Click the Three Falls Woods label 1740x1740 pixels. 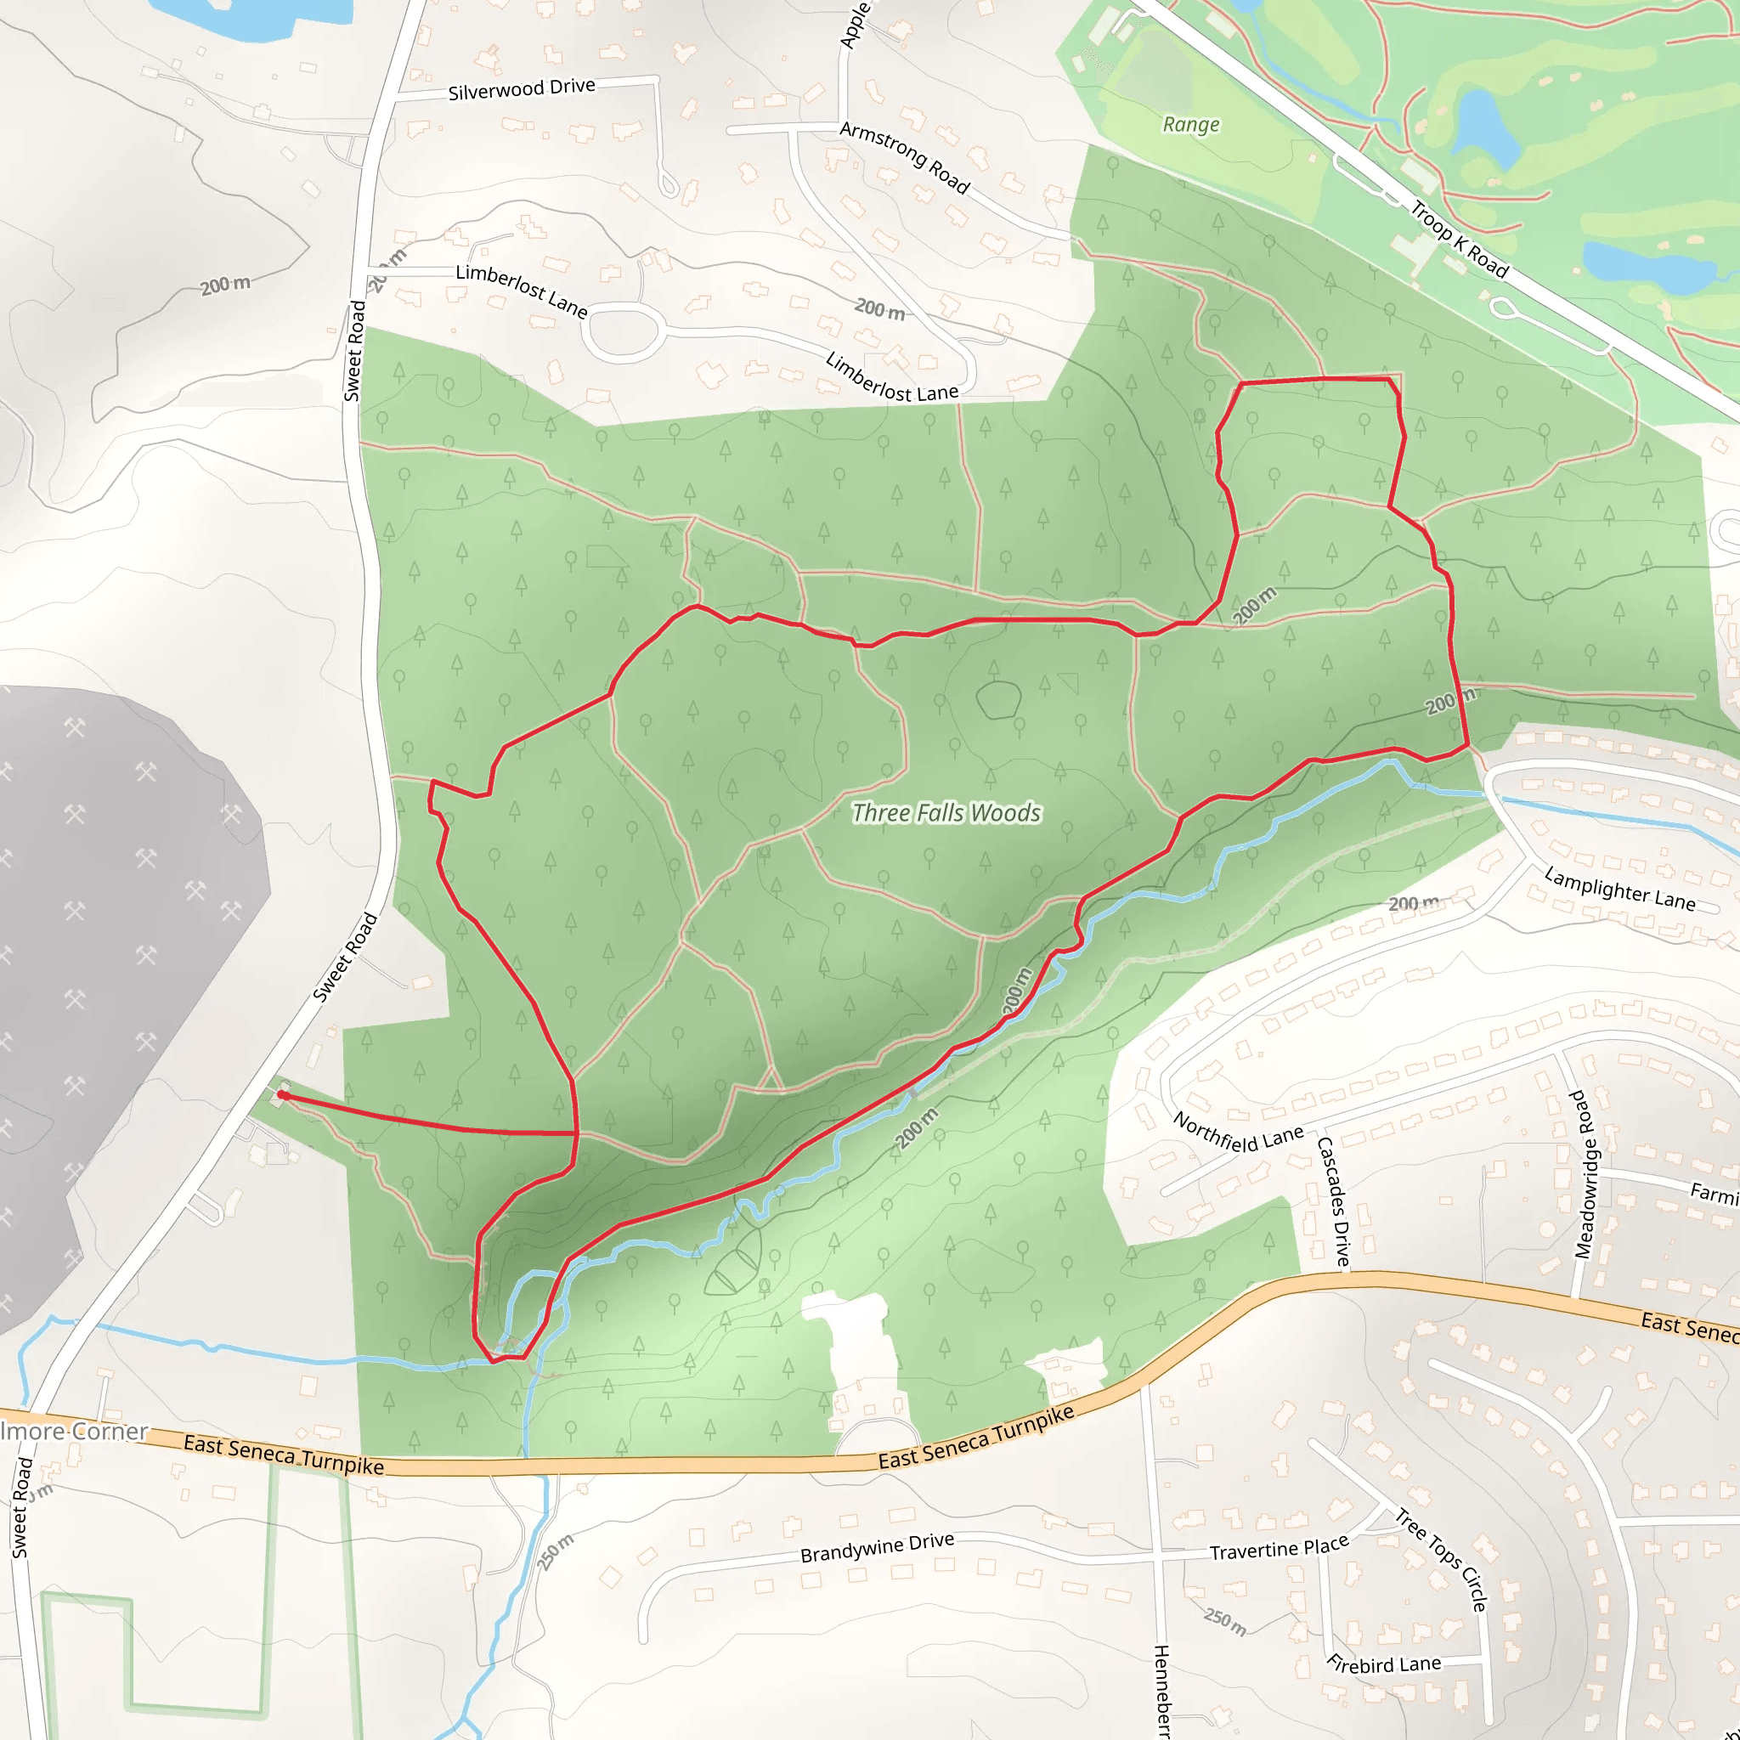[x=946, y=813]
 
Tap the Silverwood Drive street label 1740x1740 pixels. [x=522, y=89]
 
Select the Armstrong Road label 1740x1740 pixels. [x=904, y=159]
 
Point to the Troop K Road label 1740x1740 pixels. [x=1458, y=240]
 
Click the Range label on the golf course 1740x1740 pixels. [x=1190, y=124]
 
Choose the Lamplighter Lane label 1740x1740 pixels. [x=1619, y=889]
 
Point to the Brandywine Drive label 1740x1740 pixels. [x=877, y=1547]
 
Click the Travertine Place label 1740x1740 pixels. [x=1279, y=1549]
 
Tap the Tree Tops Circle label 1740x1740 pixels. [x=1441, y=1560]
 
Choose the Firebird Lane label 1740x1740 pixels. [x=1384, y=1664]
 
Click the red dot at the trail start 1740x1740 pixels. [x=282, y=1095]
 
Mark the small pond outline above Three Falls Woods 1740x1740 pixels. [x=998, y=700]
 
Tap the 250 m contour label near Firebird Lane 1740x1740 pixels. [x=1225, y=1621]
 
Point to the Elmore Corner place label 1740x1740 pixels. [x=74, y=1431]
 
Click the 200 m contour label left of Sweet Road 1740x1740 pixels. [x=225, y=285]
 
